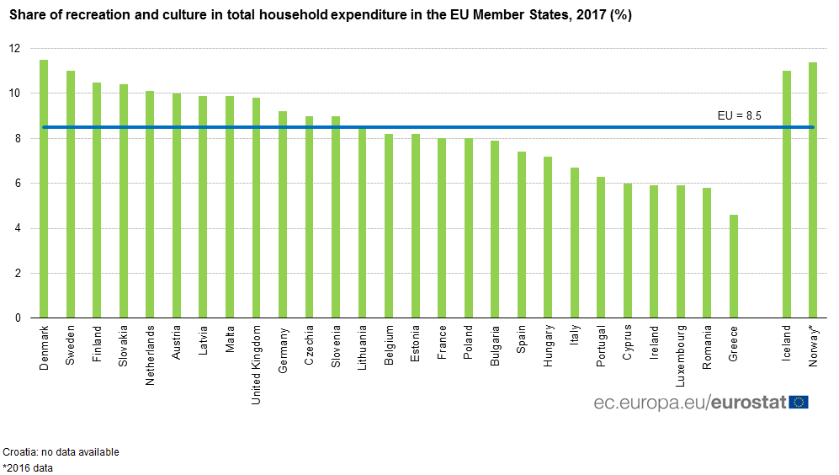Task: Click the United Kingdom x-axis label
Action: [257, 365]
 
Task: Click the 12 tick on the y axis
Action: [13, 49]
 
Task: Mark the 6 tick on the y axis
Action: [16, 184]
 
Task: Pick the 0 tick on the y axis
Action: [16, 318]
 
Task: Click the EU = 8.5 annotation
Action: [739, 116]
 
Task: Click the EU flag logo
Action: [799, 402]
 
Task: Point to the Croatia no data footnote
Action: [61, 452]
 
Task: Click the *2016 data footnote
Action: [28, 468]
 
